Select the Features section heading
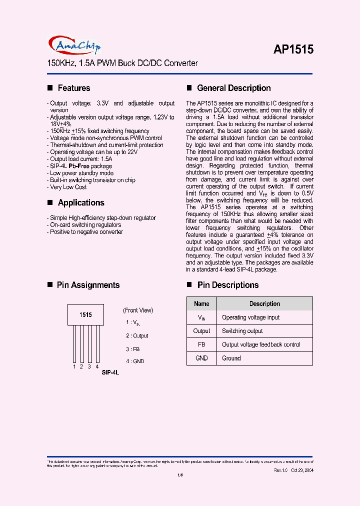pos(74,88)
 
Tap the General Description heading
pos(234,88)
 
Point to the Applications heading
pos(81,202)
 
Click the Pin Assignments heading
pos(88,285)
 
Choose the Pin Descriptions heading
pos(228,285)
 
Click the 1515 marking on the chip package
pos(85,315)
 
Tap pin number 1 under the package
pos(74,366)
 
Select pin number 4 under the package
pos(97,366)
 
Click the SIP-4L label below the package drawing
pos(110,373)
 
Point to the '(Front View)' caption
pos(138,310)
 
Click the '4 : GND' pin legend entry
pos(135,361)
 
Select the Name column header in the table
pos(201,303)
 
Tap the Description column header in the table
pos(264,303)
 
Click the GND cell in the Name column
pos(201,358)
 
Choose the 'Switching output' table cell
pos(242,331)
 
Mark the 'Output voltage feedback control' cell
pos(261,344)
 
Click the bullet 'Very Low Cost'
pos(68,187)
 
